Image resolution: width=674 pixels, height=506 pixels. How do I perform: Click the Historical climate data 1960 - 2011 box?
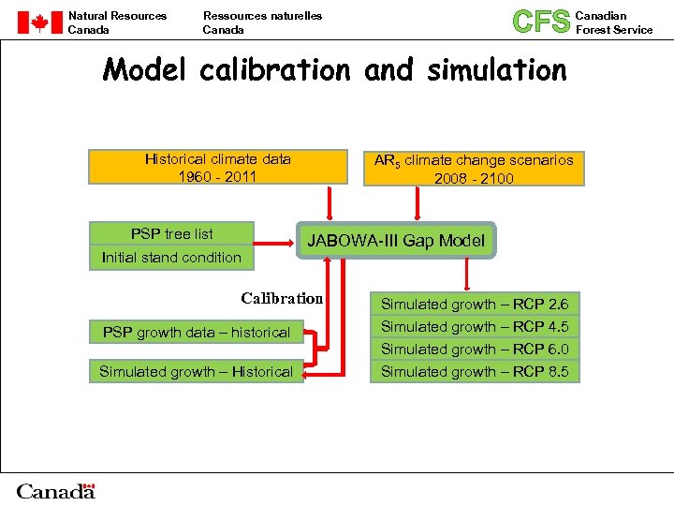click(x=218, y=168)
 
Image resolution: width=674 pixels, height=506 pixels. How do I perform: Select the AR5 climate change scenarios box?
click(x=474, y=169)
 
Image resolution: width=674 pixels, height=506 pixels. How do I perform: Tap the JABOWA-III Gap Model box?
click(x=396, y=241)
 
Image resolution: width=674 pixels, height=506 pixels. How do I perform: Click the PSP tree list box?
click(x=171, y=233)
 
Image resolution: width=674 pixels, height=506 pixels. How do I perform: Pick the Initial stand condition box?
click(x=171, y=258)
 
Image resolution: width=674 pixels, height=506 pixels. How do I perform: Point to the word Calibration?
click(x=282, y=299)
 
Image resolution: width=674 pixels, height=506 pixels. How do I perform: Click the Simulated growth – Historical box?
click(x=196, y=372)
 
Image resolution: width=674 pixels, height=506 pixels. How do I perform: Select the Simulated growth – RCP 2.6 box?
click(x=474, y=304)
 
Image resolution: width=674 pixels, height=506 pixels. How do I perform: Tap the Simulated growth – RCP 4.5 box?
click(x=474, y=326)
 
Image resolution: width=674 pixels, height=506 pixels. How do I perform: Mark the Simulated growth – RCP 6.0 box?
click(x=474, y=349)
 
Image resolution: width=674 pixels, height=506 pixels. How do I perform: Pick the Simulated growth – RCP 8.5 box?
click(x=474, y=372)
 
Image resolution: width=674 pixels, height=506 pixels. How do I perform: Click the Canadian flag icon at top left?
click(x=39, y=22)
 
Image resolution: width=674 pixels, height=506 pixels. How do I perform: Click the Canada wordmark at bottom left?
click(x=56, y=491)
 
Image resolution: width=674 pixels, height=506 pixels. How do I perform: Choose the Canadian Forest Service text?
click(x=613, y=22)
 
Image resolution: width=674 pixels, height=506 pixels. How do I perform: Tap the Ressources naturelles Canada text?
click(x=262, y=22)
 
